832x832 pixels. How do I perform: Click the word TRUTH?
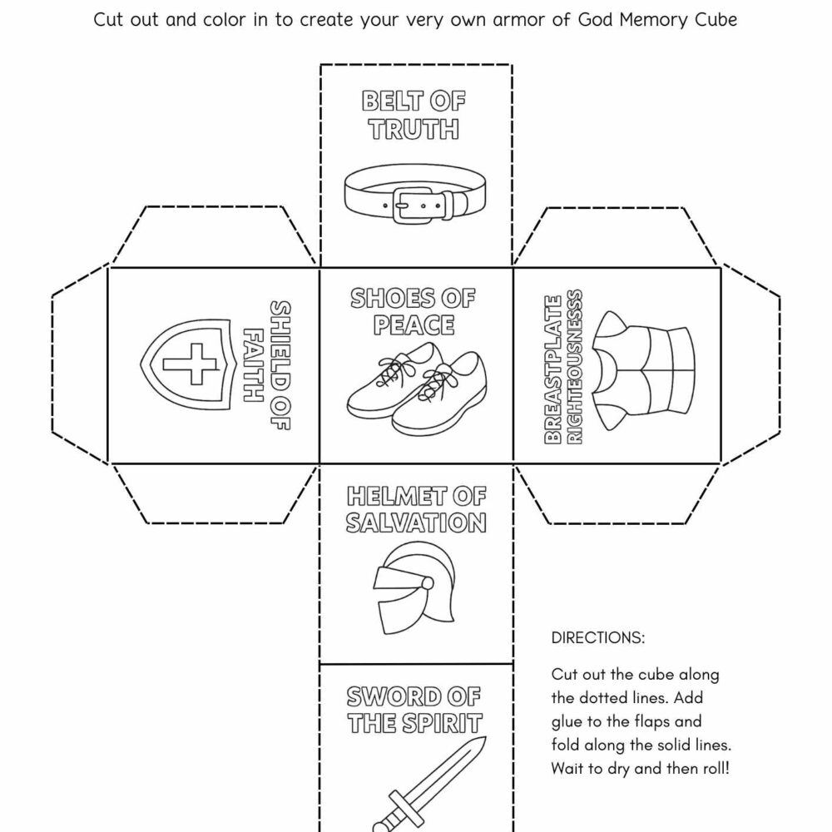pyautogui.click(x=414, y=130)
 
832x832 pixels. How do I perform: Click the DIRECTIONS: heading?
pyautogui.click(x=597, y=638)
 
